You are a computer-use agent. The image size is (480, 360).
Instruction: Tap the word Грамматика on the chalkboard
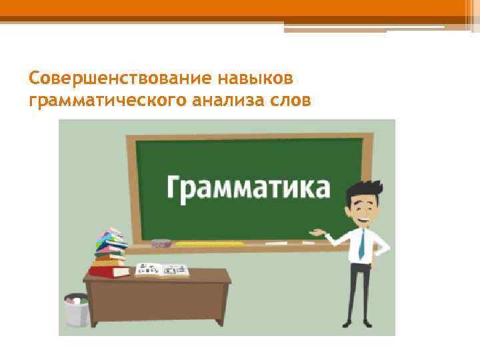247,187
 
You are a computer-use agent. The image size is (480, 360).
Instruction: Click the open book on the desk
162,269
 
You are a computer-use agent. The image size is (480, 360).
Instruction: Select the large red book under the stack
110,271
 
